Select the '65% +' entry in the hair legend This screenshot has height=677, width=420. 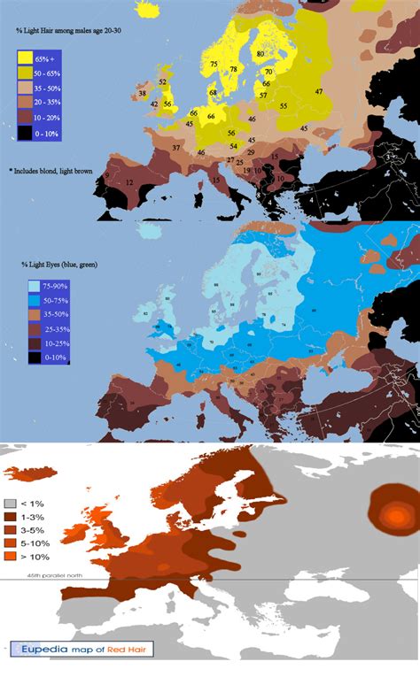[x=41, y=58]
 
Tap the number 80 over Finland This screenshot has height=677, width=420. [x=261, y=55]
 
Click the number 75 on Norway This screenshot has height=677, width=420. [x=214, y=64]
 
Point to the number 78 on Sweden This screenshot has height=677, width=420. [x=234, y=69]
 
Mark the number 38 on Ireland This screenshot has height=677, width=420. [x=143, y=93]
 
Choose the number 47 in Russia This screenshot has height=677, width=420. [x=317, y=92]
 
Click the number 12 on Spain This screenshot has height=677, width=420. [x=130, y=182]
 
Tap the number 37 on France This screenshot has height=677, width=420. [x=176, y=147]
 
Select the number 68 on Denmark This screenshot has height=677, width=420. [x=213, y=93]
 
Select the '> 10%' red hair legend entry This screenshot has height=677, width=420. [x=27, y=558]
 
